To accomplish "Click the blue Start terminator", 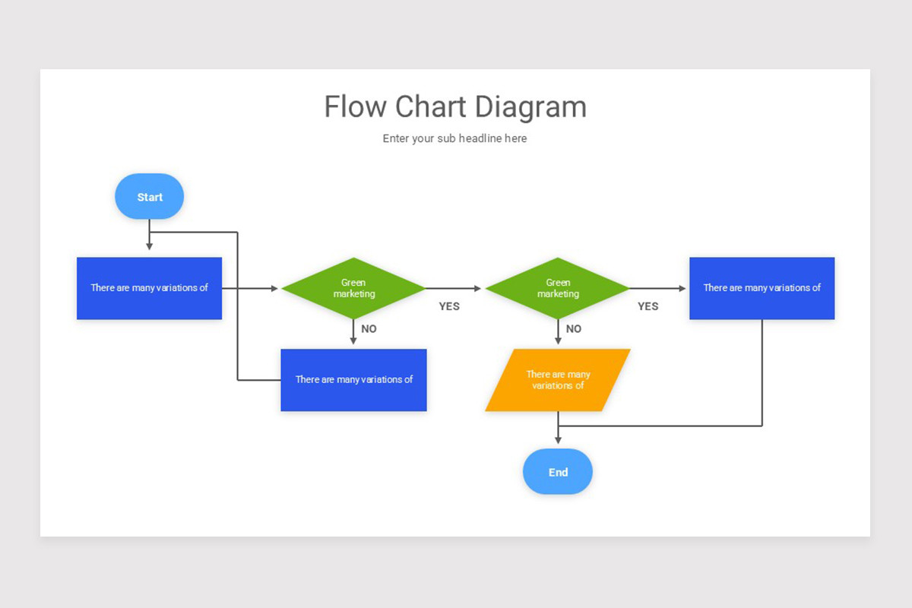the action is (x=150, y=196).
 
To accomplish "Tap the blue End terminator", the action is (x=558, y=471).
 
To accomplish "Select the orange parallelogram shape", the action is (x=558, y=380).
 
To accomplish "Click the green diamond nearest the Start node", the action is (x=353, y=288).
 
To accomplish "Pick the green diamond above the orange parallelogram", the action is (x=558, y=288).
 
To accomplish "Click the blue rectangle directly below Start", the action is (x=150, y=288).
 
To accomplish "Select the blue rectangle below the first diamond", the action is (x=353, y=380).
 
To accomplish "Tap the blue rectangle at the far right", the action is (x=762, y=288).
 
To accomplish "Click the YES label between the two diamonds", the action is (x=449, y=306).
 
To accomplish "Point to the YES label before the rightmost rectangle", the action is (x=648, y=306).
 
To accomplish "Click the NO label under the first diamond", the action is (x=369, y=328).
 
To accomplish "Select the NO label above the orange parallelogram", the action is (x=574, y=328).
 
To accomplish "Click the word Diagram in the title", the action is (x=531, y=107).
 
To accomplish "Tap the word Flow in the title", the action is (x=355, y=106).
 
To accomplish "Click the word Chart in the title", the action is (x=430, y=106).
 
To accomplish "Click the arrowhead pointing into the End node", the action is (x=558, y=440).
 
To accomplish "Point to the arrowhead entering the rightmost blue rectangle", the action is (x=682, y=288).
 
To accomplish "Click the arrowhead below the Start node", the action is (x=150, y=246).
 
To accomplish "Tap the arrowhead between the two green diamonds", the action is (x=477, y=288).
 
